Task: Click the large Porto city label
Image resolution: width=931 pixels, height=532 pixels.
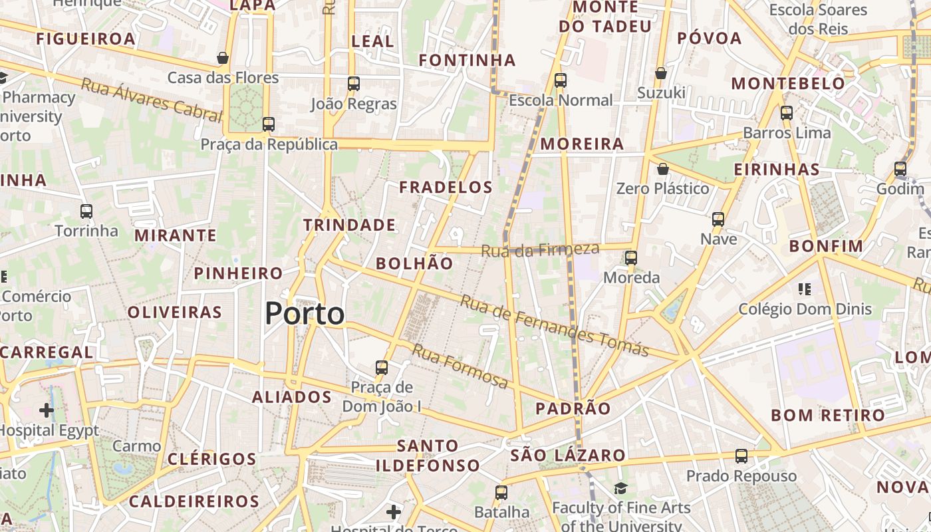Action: click(x=305, y=314)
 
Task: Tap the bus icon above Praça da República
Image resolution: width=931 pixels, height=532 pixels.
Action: click(x=269, y=124)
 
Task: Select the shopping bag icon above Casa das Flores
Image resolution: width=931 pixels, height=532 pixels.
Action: click(x=223, y=58)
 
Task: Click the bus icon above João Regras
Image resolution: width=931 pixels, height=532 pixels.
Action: click(x=354, y=84)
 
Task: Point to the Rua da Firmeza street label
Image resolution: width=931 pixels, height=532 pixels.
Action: click(x=540, y=251)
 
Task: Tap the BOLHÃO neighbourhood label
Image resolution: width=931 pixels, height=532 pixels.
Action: click(x=414, y=263)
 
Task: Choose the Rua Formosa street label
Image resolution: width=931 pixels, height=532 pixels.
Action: click(x=460, y=366)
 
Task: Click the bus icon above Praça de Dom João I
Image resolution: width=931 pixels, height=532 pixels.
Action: click(x=382, y=368)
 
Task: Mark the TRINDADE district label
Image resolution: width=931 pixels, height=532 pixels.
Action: click(x=350, y=225)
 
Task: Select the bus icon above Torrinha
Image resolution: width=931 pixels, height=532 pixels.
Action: click(x=86, y=211)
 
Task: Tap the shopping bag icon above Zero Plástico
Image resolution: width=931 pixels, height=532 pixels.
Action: click(x=662, y=169)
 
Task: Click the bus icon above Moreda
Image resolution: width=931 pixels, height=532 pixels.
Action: click(x=631, y=258)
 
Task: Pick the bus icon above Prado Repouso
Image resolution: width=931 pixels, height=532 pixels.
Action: click(x=741, y=456)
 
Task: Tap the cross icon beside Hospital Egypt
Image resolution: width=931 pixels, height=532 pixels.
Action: click(x=46, y=410)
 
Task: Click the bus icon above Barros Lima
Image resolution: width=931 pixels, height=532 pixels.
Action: click(x=787, y=113)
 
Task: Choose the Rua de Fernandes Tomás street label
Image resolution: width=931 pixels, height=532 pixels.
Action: click(x=554, y=326)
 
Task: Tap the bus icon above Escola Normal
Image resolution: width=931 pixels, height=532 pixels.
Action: click(x=561, y=80)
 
